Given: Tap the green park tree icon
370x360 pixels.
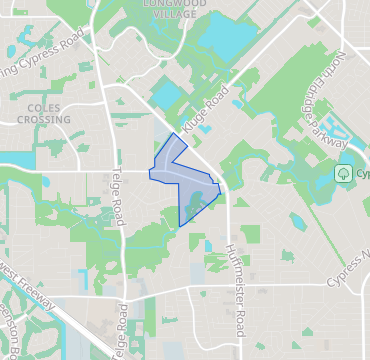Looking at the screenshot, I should point(343,173).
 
